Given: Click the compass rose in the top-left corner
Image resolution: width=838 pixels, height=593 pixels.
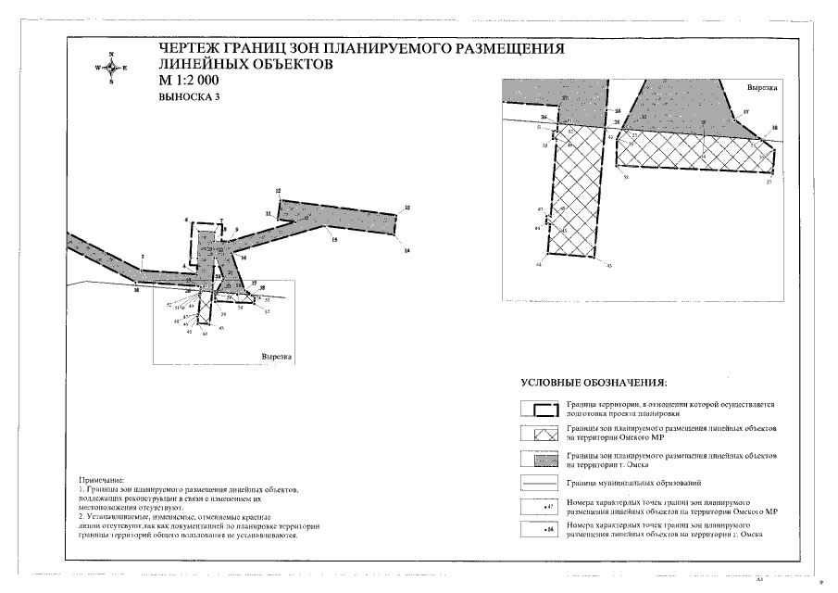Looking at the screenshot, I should pyautogui.click(x=111, y=68).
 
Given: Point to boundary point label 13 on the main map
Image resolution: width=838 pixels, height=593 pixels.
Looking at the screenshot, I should pyautogui.click(x=408, y=208).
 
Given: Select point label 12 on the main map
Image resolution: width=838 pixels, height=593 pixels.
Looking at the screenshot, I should pyautogui.click(x=278, y=191).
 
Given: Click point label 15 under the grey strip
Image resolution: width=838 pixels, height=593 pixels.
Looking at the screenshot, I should pyautogui.click(x=334, y=242).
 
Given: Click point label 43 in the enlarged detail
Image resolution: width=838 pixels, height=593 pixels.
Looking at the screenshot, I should pyautogui.click(x=609, y=265).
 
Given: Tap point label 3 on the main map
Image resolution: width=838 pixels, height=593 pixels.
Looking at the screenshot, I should pyautogui.click(x=143, y=257).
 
